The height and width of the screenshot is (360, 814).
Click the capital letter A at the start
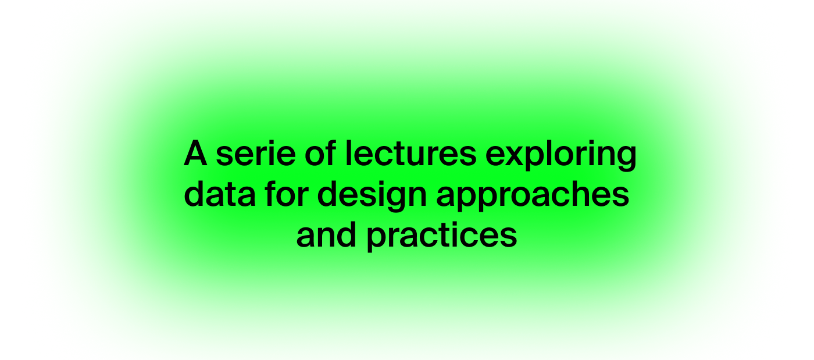click(x=195, y=153)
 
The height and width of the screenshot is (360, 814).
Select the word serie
click(x=256, y=153)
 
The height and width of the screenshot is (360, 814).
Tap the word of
click(x=320, y=153)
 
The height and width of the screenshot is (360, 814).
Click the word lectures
click(x=410, y=153)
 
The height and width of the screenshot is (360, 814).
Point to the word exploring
click(x=560, y=155)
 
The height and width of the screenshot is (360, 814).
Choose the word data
click(x=220, y=194)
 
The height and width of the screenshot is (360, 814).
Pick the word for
click(x=287, y=194)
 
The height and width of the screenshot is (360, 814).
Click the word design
click(x=372, y=195)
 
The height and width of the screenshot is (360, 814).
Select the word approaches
click(x=533, y=195)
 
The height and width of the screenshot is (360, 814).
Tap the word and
click(x=326, y=234)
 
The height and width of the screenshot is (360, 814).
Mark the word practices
click(x=442, y=236)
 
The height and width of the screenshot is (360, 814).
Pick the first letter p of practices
click(x=378, y=238)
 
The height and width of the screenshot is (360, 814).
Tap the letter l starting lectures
click(x=348, y=153)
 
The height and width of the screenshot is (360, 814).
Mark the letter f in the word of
click(x=330, y=153)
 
